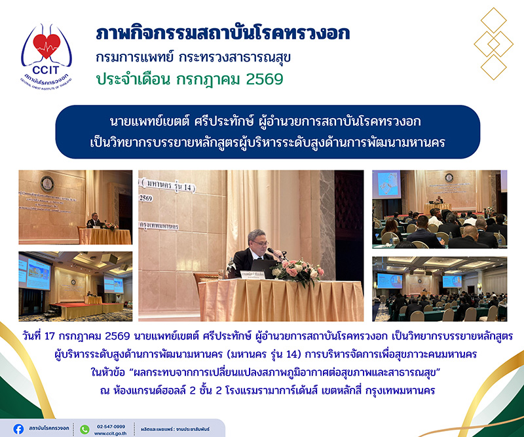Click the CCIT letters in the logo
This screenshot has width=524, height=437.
(45, 70)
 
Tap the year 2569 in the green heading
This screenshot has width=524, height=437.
(265, 79)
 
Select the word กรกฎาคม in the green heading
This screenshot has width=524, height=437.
(208, 79)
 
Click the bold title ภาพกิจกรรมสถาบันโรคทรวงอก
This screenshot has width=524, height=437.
(223, 33)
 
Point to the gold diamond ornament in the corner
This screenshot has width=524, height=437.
(493, 44)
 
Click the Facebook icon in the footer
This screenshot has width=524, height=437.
(18, 429)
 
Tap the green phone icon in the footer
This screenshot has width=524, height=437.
(84, 429)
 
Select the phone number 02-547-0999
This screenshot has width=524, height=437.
(111, 427)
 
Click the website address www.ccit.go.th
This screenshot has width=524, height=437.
(110, 433)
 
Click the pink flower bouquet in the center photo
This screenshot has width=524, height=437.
(297, 271)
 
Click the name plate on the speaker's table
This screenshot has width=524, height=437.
(253, 275)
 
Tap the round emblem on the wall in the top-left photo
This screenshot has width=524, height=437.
(47, 184)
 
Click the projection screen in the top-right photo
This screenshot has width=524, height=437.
(386, 184)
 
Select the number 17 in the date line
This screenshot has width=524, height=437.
(49, 335)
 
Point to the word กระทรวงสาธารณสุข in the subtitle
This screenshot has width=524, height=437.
(235, 57)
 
